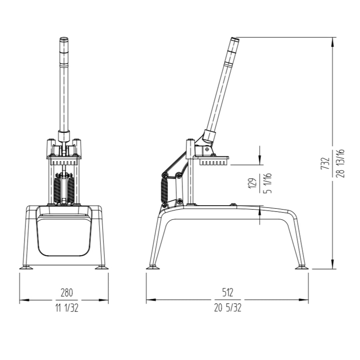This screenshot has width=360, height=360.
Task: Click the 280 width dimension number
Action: click(x=67, y=292)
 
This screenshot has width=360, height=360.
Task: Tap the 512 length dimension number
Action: click(x=227, y=292)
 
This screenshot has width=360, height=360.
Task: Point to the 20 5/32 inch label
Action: click(x=227, y=308)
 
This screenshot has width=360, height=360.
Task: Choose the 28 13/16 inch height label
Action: click(x=341, y=163)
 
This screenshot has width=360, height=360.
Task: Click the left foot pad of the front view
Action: click(x=26, y=267)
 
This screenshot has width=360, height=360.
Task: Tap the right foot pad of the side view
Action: click(x=301, y=267)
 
